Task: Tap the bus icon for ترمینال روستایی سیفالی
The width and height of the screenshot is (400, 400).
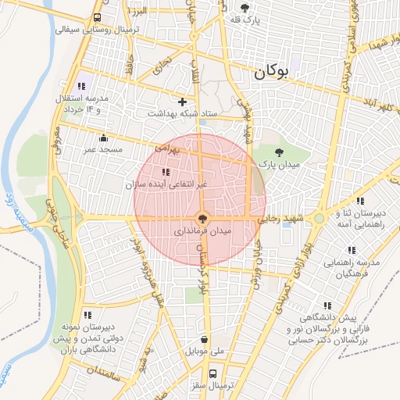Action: pyautogui.click(x=97, y=18)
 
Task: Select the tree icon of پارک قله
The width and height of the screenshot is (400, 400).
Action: pyautogui.click(x=245, y=8)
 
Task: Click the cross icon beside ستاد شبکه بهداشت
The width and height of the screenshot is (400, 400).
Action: pyautogui.click(x=182, y=102)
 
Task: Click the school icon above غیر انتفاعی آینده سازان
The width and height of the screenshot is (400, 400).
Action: pyautogui.click(x=164, y=172)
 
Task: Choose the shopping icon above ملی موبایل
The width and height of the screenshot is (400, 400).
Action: pyautogui.click(x=204, y=341)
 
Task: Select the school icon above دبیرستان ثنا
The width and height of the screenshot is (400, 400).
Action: pyautogui.click(x=359, y=201)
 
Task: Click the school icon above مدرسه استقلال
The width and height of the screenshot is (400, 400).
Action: pyautogui.click(x=81, y=86)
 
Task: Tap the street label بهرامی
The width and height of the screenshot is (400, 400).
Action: pyautogui.click(x=167, y=146)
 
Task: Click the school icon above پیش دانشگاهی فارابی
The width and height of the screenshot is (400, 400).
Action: pyautogui.click(x=327, y=306)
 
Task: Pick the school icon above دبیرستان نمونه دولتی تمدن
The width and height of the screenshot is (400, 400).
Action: pyautogui.click(x=86, y=314)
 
